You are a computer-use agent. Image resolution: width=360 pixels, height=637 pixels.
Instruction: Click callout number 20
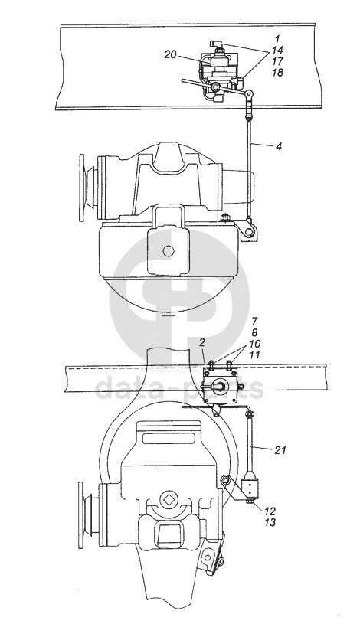click(x=170, y=54)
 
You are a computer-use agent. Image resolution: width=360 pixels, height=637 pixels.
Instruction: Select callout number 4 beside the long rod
click(x=278, y=146)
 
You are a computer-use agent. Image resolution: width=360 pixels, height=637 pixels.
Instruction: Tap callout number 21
click(x=280, y=450)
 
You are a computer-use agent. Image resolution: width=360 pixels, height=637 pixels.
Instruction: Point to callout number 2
click(x=202, y=343)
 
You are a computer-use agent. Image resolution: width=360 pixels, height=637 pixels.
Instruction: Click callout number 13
click(x=270, y=522)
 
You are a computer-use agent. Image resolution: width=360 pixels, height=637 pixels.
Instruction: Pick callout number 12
click(x=270, y=511)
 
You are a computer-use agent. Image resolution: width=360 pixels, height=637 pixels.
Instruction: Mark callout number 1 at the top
click(x=277, y=39)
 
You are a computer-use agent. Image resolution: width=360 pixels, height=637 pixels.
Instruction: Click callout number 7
click(x=255, y=322)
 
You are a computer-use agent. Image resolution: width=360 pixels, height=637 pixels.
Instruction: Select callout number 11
click(x=255, y=354)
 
